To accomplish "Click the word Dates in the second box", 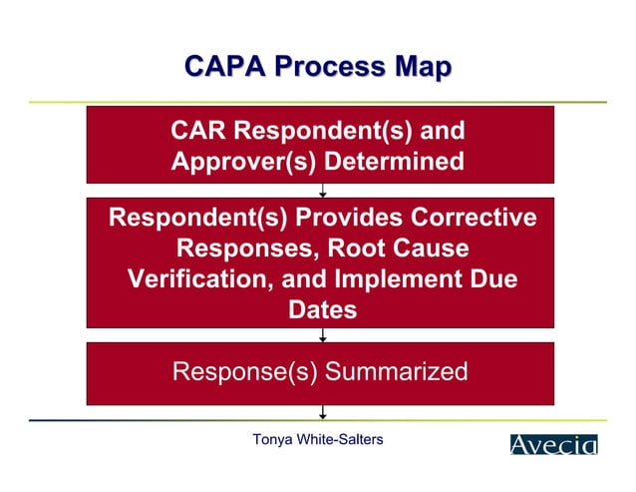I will click(x=322, y=309).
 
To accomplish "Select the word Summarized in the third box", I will click(x=397, y=372).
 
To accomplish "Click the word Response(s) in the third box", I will click(x=244, y=372).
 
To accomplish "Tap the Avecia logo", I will click(x=554, y=444).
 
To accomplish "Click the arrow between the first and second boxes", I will click(x=322, y=191).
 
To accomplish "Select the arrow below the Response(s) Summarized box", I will click(x=322, y=411).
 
